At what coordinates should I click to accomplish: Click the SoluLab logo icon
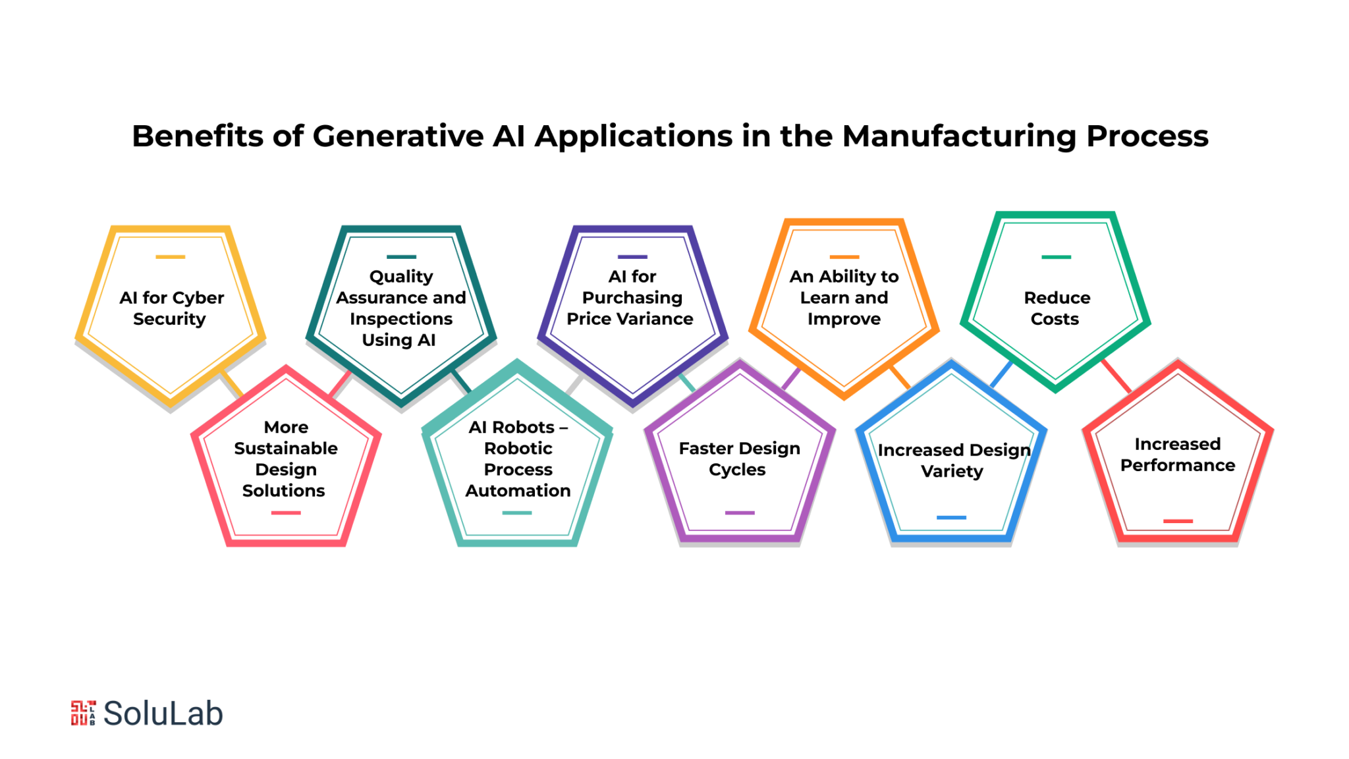coord(83,713)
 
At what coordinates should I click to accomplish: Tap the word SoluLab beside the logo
coord(163,714)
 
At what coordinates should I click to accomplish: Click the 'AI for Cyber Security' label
coord(171,308)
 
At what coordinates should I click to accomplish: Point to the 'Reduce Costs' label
coord(1057,308)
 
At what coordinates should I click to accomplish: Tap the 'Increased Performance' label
coord(1178,455)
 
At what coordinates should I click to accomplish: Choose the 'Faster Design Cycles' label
coord(739,459)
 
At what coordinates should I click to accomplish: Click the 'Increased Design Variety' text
coord(953,461)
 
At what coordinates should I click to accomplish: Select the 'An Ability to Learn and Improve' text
coord(844,297)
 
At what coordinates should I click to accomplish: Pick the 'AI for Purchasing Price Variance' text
coord(630,297)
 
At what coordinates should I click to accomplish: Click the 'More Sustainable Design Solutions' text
coord(285,459)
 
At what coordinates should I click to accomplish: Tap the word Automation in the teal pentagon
coord(518,491)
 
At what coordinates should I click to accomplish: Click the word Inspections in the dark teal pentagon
coord(401,319)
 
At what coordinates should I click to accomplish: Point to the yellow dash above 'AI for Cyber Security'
coord(171,257)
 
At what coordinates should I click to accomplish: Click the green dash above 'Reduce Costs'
coord(1057,257)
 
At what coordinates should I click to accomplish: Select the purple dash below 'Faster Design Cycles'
coord(740,513)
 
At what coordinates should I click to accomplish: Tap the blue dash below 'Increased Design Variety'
coord(951,518)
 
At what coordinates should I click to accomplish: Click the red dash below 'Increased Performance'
coord(1178,521)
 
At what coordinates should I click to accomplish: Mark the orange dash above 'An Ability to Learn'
coord(844,257)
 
